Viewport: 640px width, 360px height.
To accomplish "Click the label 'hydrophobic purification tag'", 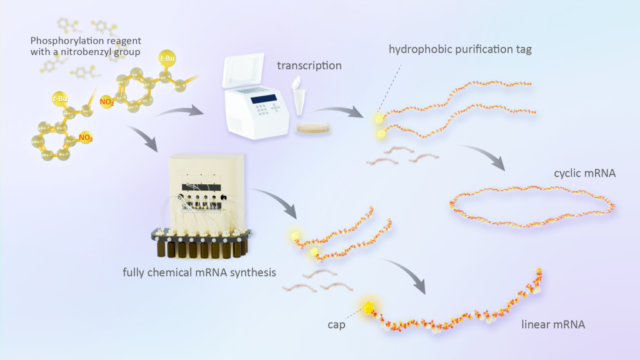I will pyautogui.click(x=460, y=49).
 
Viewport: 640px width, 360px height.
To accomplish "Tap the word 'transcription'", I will pyautogui.click(x=309, y=65).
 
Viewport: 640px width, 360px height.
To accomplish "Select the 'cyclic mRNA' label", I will pyautogui.click(x=585, y=172).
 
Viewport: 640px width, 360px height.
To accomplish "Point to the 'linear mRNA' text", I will pyautogui.click(x=553, y=326).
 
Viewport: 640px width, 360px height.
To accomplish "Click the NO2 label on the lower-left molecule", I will pyautogui.click(x=86, y=137).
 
